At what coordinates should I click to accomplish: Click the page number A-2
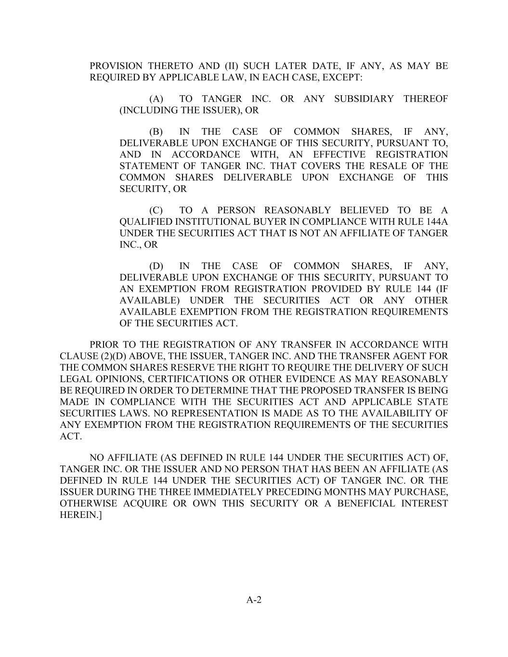point(254,600)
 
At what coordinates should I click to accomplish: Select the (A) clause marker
point(156,99)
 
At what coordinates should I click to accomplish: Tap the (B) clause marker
point(156,132)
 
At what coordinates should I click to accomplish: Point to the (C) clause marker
point(156,210)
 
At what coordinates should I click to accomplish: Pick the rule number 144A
point(437,222)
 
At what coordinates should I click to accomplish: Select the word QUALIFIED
point(145,222)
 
